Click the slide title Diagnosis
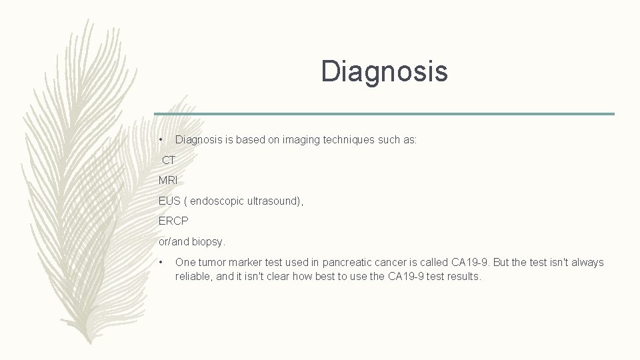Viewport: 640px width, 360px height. click(x=384, y=71)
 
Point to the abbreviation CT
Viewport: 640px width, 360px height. click(x=169, y=160)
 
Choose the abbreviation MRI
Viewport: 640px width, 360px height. click(x=168, y=180)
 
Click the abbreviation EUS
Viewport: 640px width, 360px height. click(x=169, y=201)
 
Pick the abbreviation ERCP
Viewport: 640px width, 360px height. click(x=173, y=221)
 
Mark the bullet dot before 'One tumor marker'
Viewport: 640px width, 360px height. click(x=161, y=262)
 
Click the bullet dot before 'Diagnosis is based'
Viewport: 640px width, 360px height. click(x=161, y=140)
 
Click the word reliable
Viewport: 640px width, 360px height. click(x=193, y=276)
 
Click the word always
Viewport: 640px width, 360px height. click(x=587, y=262)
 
